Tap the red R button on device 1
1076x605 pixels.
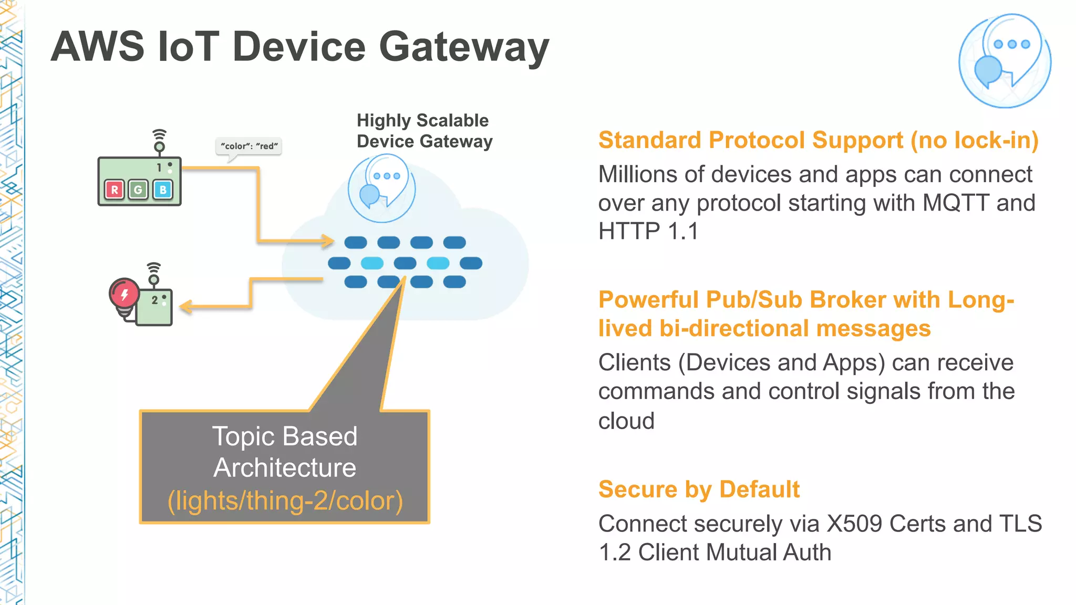[114, 190]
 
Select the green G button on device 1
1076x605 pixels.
[138, 190]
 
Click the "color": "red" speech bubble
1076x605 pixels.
[249, 146]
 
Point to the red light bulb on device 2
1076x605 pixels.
[124, 296]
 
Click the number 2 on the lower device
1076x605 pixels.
[154, 300]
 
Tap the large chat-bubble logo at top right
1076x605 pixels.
[1005, 60]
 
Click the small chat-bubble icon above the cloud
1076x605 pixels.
[381, 188]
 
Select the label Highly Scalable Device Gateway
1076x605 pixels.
[423, 131]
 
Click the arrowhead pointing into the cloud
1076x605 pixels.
[328, 241]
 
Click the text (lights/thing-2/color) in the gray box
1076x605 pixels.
[285, 500]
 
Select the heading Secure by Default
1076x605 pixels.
[698, 489]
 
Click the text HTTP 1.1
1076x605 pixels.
[648, 232]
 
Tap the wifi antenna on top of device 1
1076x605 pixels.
[159, 140]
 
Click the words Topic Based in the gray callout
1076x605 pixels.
[284, 436]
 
